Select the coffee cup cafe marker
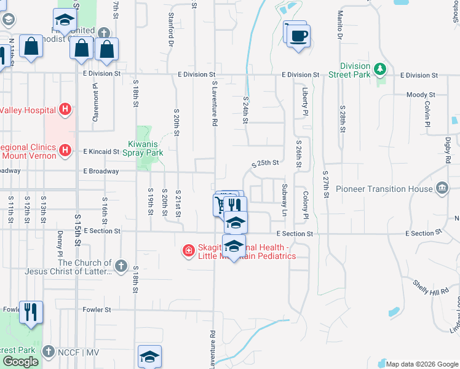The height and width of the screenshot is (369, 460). tap(298, 36)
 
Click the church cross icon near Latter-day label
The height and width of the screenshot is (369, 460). tap(121, 266)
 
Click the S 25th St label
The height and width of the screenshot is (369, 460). tap(266, 164)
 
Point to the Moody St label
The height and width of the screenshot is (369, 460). tap(421, 95)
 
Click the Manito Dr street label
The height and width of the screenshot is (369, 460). tap(339, 25)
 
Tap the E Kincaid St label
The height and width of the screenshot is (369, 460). tap(101, 151)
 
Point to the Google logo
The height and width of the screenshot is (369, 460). tap(21, 362)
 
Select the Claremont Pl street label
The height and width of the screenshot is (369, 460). tap(96, 103)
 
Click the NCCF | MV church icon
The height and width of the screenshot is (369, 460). tap(49, 352)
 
